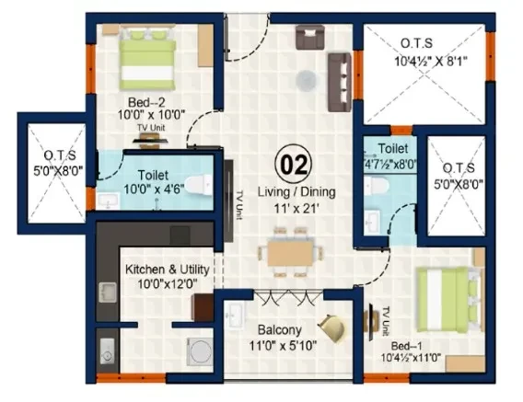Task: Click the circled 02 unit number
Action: tap(294, 165)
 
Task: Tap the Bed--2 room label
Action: tap(146, 102)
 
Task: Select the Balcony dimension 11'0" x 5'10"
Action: tap(283, 346)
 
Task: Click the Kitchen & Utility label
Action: tap(167, 270)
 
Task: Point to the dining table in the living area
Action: tap(290, 253)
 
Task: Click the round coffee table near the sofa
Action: tap(306, 80)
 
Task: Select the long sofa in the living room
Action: tap(340, 82)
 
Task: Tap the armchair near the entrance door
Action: tap(310, 37)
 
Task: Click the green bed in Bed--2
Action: tap(147, 59)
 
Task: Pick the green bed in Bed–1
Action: tap(448, 299)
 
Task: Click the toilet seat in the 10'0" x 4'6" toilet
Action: tap(199, 185)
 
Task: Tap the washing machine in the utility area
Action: tap(200, 351)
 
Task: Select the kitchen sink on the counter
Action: tap(108, 293)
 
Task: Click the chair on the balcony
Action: tap(331, 328)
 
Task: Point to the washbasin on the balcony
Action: tap(235, 315)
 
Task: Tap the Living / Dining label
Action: tap(296, 192)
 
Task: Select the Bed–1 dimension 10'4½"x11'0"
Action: tap(411, 358)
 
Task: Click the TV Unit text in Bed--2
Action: tap(151, 127)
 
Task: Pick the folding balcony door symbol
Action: tap(289, 298)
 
